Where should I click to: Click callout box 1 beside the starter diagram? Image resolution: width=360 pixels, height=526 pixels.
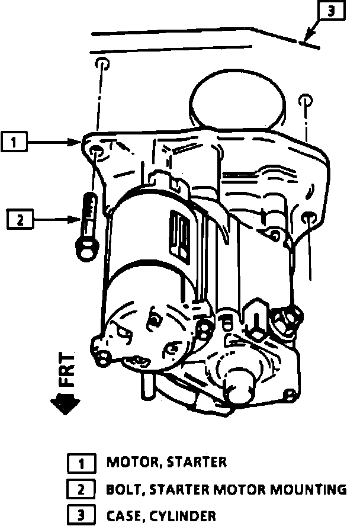[x=15, y=142]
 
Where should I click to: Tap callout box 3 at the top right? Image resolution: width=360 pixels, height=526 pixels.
[x=332, y=11]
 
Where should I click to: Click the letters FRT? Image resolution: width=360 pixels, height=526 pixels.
[x=68, y=371]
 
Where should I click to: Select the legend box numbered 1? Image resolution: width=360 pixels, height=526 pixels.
[x=81, y=463]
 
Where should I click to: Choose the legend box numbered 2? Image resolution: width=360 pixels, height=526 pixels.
[x=81, y=489]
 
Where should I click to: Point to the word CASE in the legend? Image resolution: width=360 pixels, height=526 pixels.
[x=125, y=516]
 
